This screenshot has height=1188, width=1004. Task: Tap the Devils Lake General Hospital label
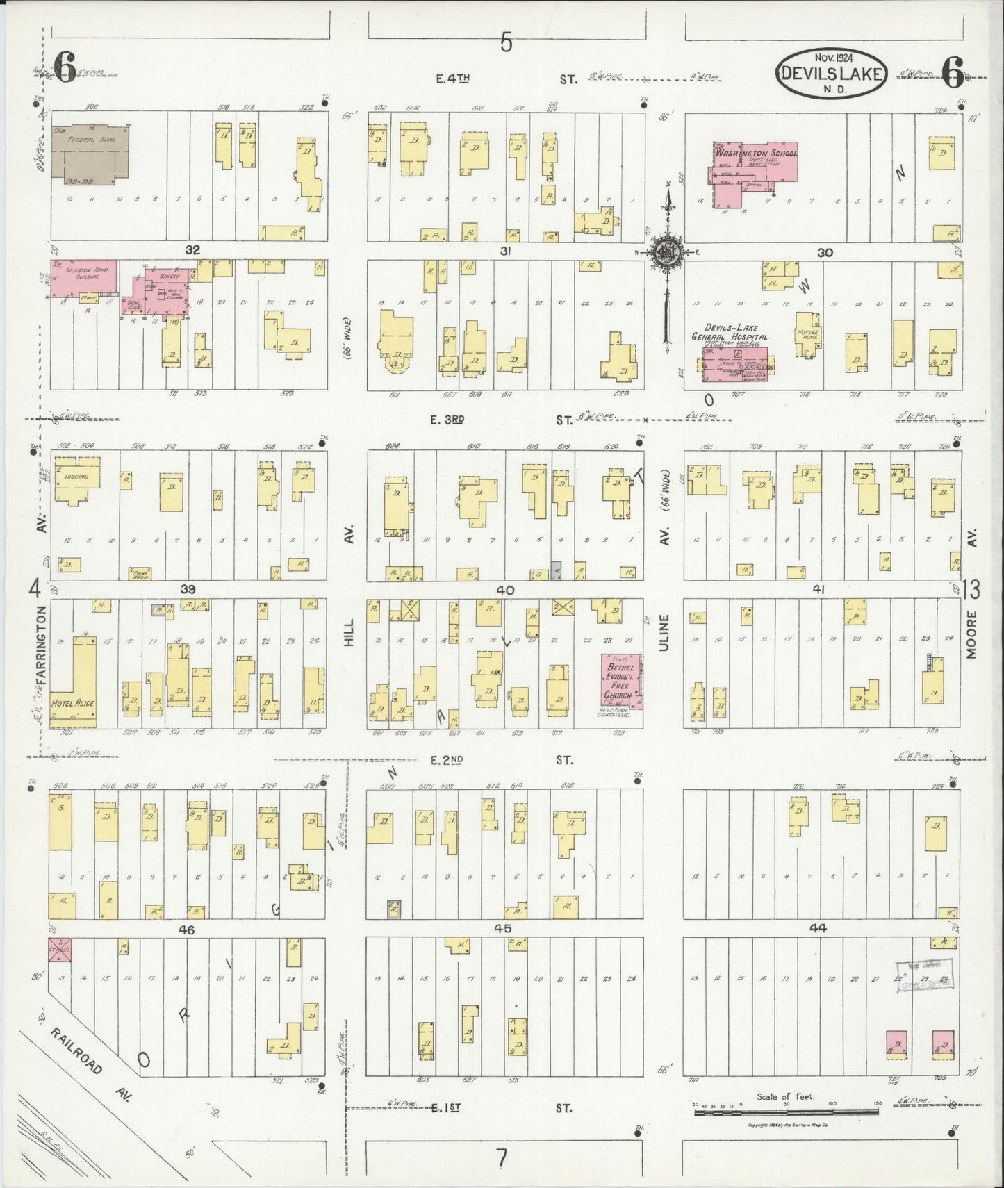tap(730, 333)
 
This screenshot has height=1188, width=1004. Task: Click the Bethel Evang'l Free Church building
tap(621, 681)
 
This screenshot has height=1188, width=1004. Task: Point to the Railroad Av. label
tap(90, 1068)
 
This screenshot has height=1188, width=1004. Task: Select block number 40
tap(504, 590)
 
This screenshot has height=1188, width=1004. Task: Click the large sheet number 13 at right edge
tap(971, 590)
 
